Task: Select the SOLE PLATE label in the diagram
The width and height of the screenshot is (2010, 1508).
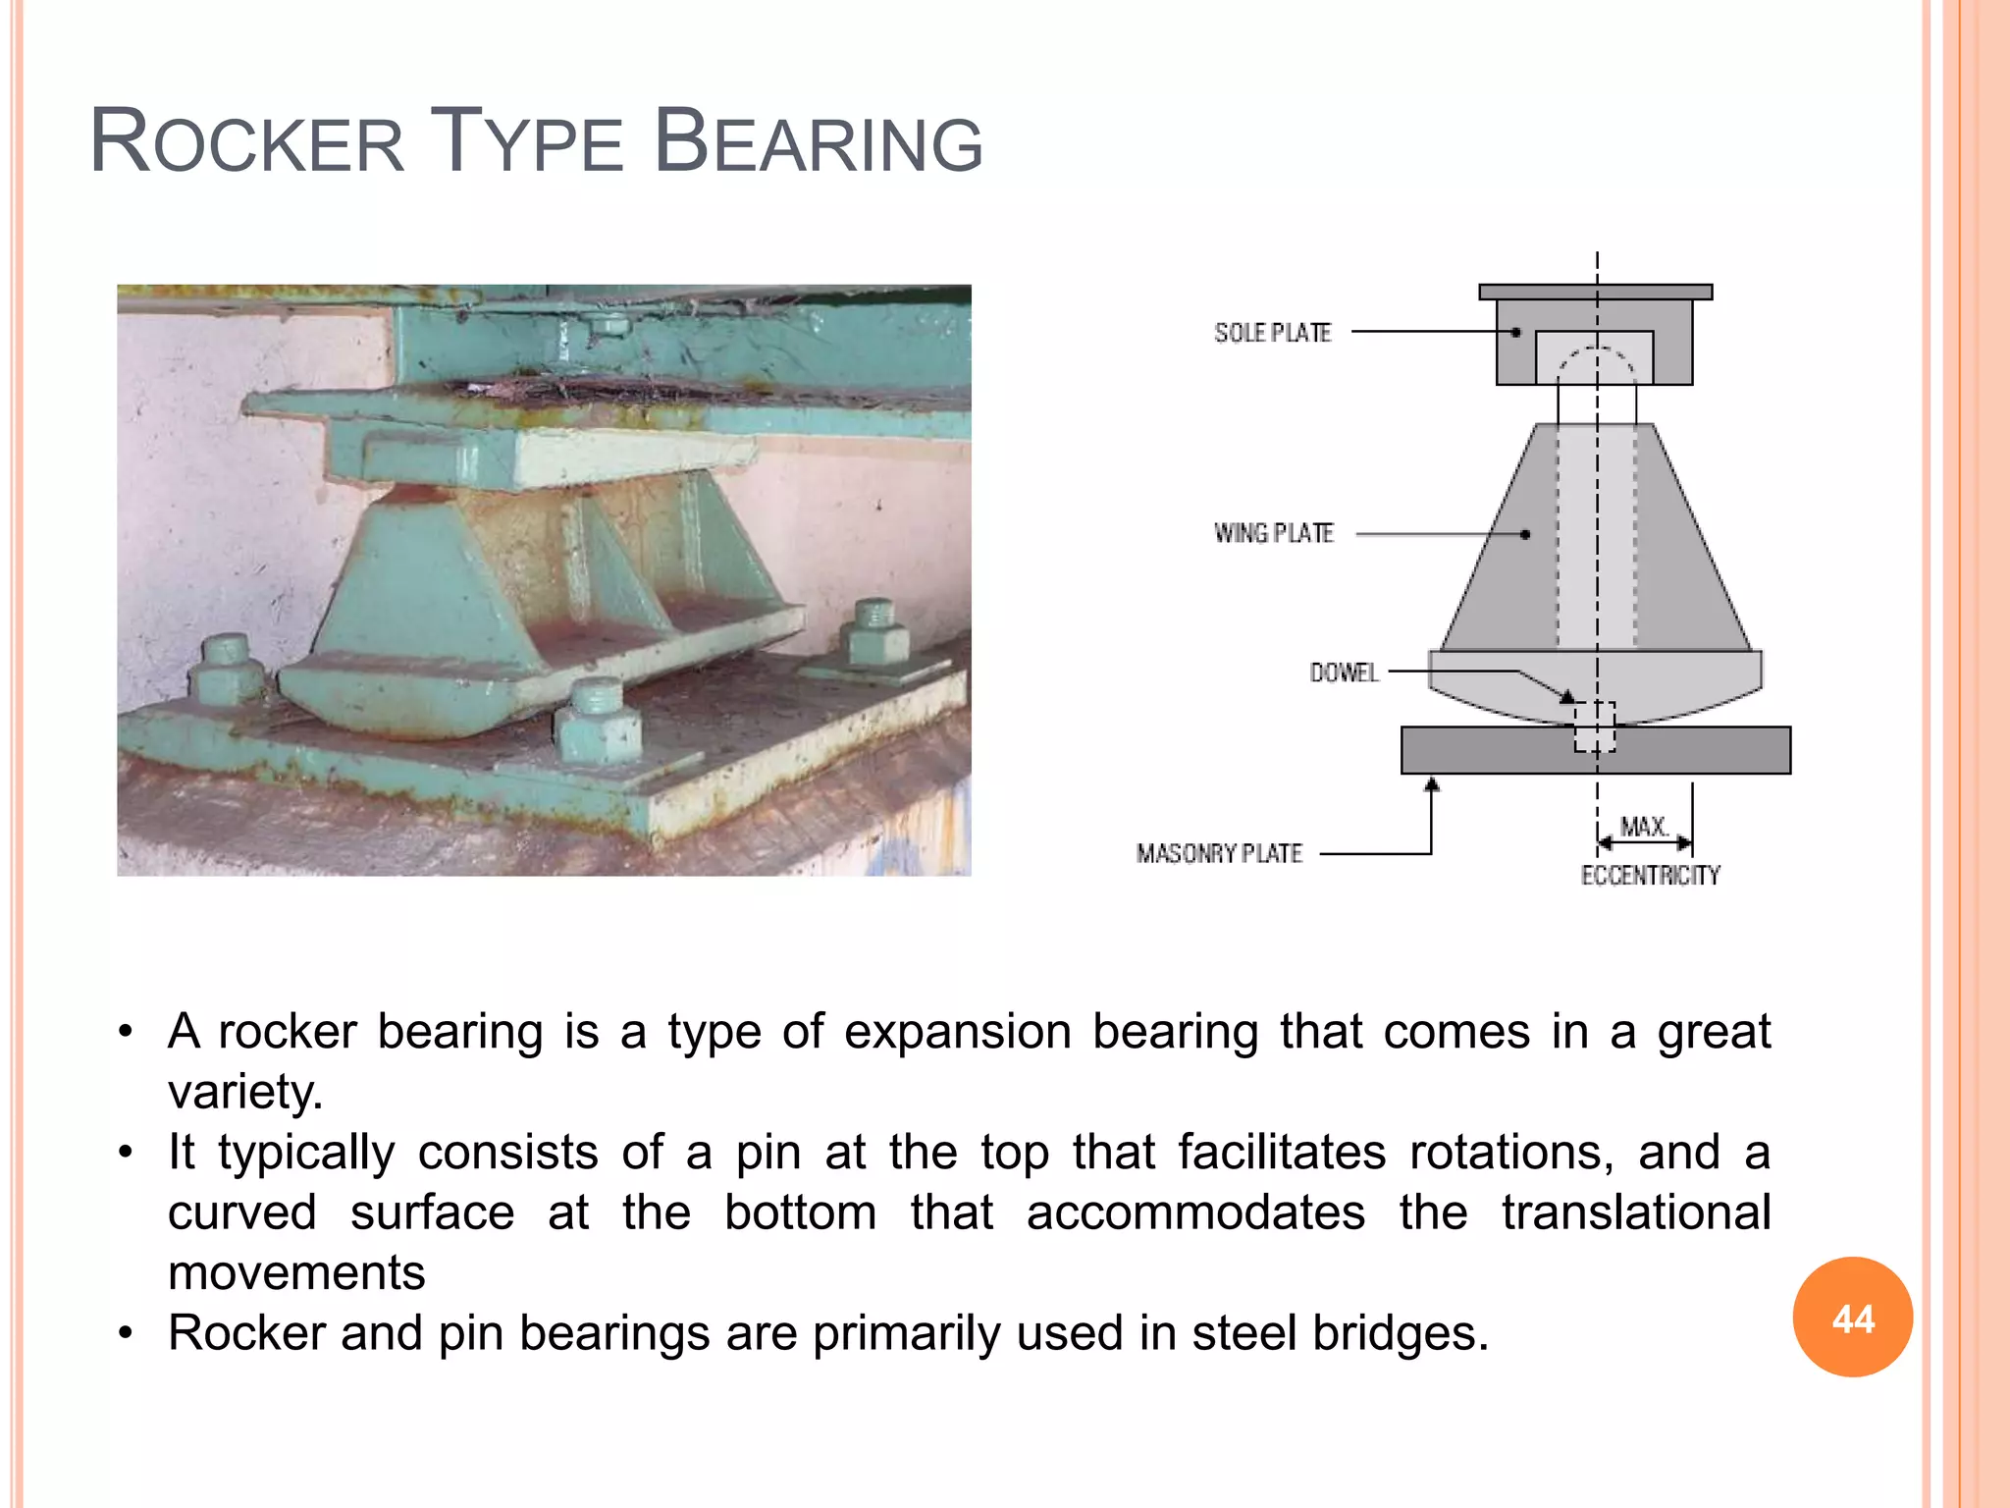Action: pos(1272,333)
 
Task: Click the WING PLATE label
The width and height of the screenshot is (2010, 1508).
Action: pos(1274,533)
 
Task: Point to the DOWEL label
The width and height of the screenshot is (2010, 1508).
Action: pos(1344,673)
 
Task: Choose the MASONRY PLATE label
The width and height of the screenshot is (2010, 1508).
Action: pos(1219,853)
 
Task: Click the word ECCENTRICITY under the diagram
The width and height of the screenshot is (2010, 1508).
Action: pos(1650,875)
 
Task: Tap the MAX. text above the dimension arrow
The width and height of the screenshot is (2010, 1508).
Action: pos(1644,827)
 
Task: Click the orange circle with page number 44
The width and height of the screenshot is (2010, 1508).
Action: pos(1852,1318)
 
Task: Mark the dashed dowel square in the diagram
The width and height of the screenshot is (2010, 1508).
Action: pos(1595,727)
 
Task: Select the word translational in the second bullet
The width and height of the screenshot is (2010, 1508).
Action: pos(1635,1212)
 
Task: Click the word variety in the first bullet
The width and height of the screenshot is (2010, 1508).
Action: pos(244,1091)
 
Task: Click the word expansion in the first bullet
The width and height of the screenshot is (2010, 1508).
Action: pos(957,1032)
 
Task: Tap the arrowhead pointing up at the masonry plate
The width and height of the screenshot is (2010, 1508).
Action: pos(1432,784)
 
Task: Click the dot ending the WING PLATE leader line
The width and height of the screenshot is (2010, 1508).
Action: pos(1525,535)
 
